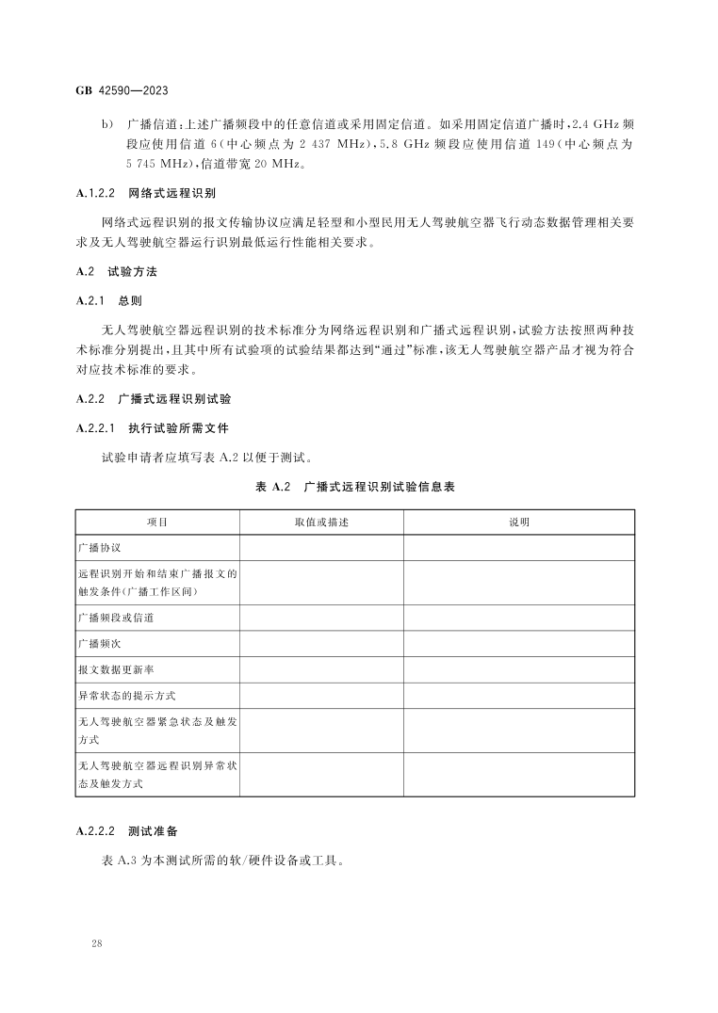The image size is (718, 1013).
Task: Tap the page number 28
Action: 97,942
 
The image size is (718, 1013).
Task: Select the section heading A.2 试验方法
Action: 116,271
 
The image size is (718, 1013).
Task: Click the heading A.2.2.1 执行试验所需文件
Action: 151,429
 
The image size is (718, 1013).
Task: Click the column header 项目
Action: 157,522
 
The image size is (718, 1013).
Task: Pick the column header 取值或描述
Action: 321,522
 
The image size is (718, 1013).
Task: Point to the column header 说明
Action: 519,522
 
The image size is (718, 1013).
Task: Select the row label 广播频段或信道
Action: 116,618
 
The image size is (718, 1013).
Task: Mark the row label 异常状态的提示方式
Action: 126,696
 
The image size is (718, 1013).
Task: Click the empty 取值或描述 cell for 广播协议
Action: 321,548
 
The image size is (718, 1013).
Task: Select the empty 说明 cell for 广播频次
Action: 519,643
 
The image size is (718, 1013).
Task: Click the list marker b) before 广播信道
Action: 106,123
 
